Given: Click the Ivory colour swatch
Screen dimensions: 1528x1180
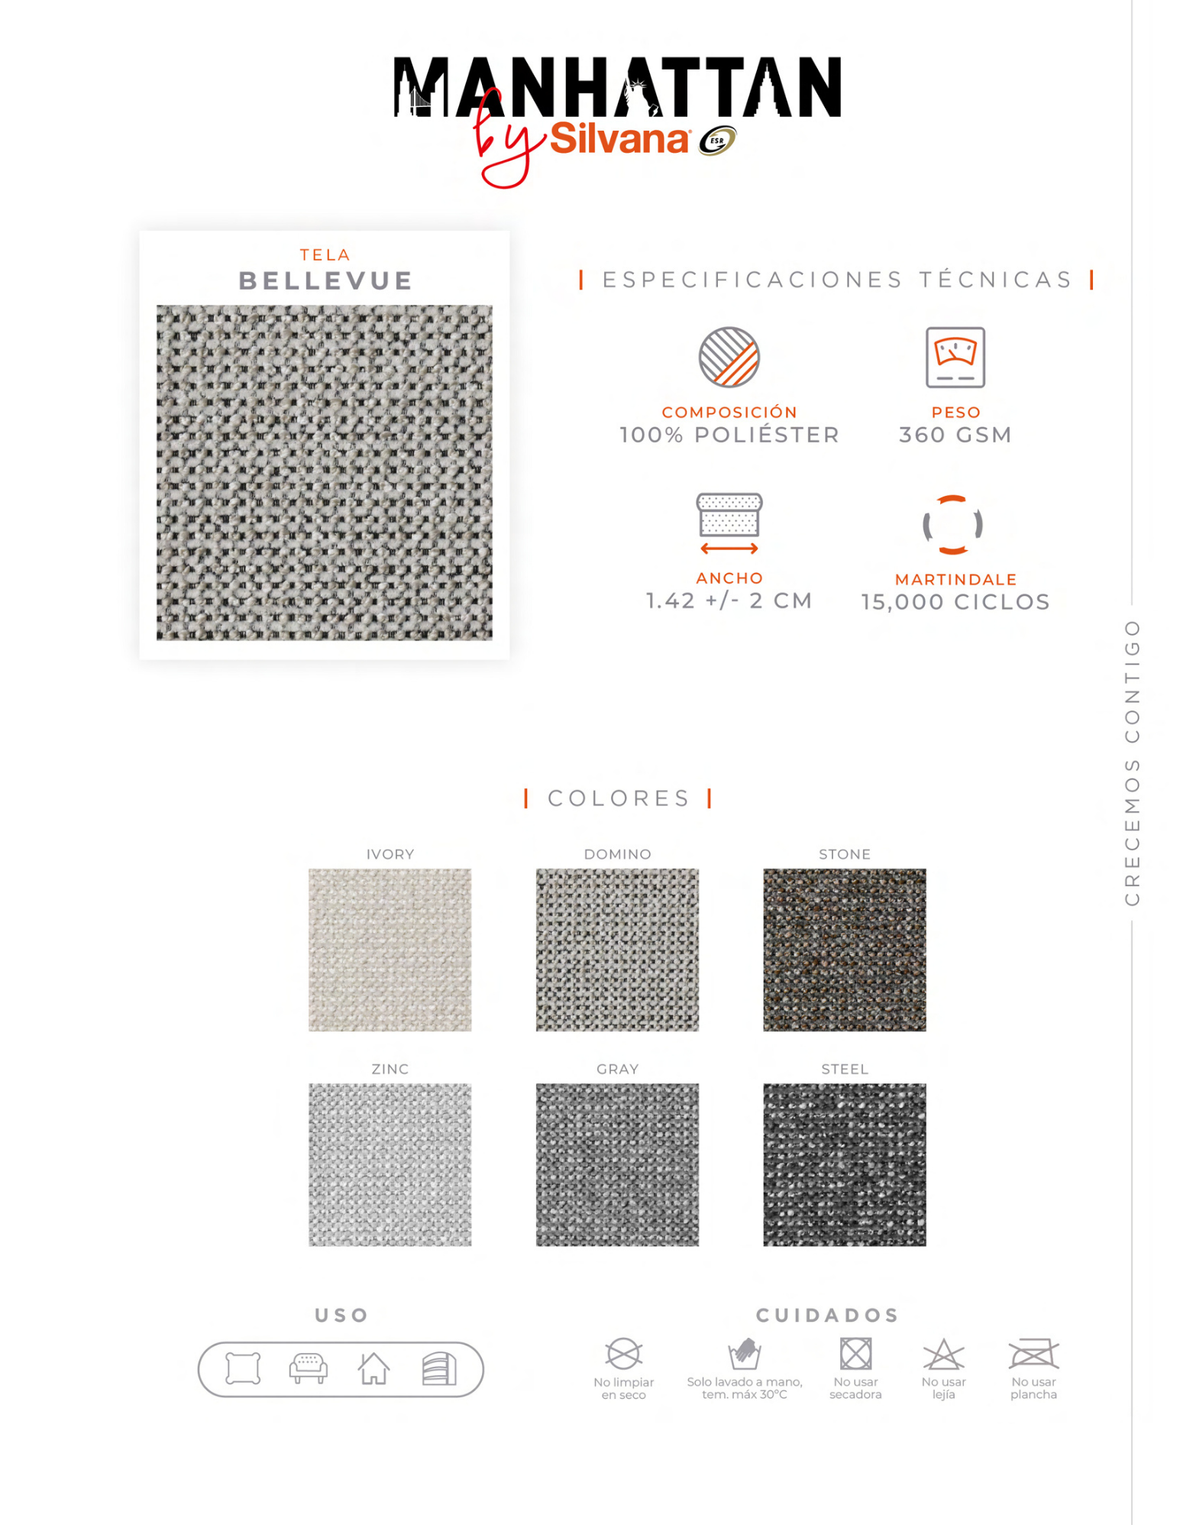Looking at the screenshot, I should pos(390,950).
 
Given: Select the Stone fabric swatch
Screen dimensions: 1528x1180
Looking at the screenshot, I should pos(844,950).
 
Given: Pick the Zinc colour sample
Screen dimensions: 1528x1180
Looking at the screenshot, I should pos(390,1164).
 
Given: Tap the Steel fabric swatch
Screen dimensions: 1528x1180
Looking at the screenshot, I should pos(844,1164).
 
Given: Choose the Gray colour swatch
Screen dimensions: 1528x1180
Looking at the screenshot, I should pos(617,1164).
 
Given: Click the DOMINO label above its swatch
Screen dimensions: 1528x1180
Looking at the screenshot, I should pos(617,854).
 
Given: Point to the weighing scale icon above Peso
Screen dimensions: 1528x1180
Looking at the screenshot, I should pos(955,358).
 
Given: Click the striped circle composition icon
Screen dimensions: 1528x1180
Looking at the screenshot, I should pos(729,358).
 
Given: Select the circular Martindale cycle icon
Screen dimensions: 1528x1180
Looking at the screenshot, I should pos(952,525).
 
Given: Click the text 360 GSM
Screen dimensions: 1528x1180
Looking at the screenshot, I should pos(955,435).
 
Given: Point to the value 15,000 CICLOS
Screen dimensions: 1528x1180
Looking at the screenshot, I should pos(955,602).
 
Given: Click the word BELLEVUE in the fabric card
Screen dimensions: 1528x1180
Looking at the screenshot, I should pos(325,281).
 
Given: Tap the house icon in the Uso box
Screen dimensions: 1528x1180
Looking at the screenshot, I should pos(374,1368).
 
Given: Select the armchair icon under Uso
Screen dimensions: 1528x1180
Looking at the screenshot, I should pos(308,1368).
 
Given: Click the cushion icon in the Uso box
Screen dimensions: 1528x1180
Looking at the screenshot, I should pos(243,1368).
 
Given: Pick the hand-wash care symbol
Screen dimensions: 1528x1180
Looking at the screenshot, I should pos(744,1354).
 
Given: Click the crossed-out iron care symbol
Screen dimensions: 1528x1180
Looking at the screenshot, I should pos(1033,1354).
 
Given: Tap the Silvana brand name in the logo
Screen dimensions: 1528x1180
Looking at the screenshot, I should pos(619,139).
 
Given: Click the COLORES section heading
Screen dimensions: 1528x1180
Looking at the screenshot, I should pos(618,798).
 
